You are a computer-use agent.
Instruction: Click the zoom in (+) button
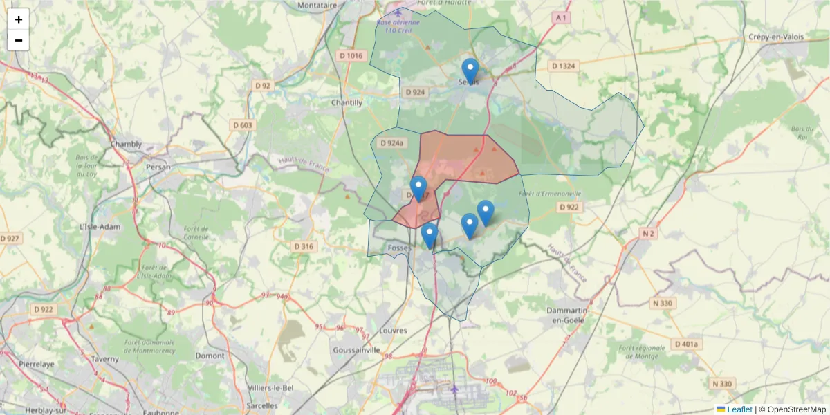(19, 19)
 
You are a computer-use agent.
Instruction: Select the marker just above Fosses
(430, 235)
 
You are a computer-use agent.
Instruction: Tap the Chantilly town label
(347, 102)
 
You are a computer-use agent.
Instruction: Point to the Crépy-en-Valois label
(778, 36)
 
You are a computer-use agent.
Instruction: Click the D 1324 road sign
(564, 66)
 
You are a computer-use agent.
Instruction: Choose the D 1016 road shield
(351, 55)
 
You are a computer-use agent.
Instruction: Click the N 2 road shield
(648, 234)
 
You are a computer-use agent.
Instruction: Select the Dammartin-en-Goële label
(567, 315)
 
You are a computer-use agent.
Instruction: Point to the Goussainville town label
(357, 350)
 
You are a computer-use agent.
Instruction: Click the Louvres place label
(394, 331)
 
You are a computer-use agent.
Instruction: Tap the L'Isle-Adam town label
(100, 226)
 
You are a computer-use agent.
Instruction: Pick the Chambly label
(126, 145)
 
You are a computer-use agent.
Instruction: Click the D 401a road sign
(687, 344)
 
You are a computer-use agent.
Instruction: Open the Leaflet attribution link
(739, 409)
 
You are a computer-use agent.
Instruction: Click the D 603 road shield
(242, 125)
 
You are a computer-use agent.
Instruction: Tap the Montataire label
(316, 5)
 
